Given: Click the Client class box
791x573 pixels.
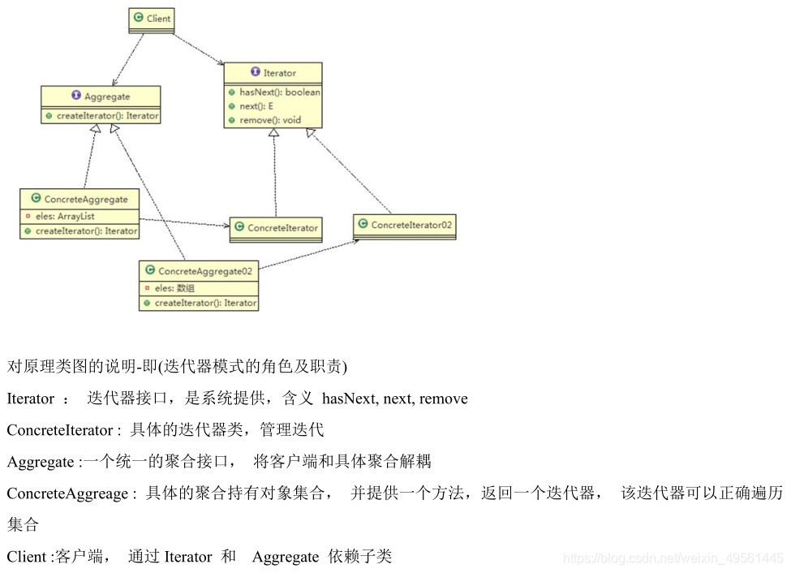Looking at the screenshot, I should pos(152,19).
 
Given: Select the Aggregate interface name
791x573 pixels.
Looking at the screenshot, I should pos(107,97).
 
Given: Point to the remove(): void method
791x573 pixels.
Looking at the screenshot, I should pos(269,120).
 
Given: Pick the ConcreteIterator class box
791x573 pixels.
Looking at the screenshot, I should pos(275,229).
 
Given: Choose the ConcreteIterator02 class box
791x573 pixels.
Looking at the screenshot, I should pos(405,226).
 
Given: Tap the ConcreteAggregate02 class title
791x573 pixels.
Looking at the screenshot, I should pos(205,271).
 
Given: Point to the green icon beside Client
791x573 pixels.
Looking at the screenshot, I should pos(138,18).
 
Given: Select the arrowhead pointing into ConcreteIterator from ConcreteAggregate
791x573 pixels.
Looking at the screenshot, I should pos(225,225).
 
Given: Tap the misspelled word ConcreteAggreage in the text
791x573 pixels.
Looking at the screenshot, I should pos(67,493).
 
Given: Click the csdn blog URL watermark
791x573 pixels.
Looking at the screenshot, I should pos(673,558).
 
